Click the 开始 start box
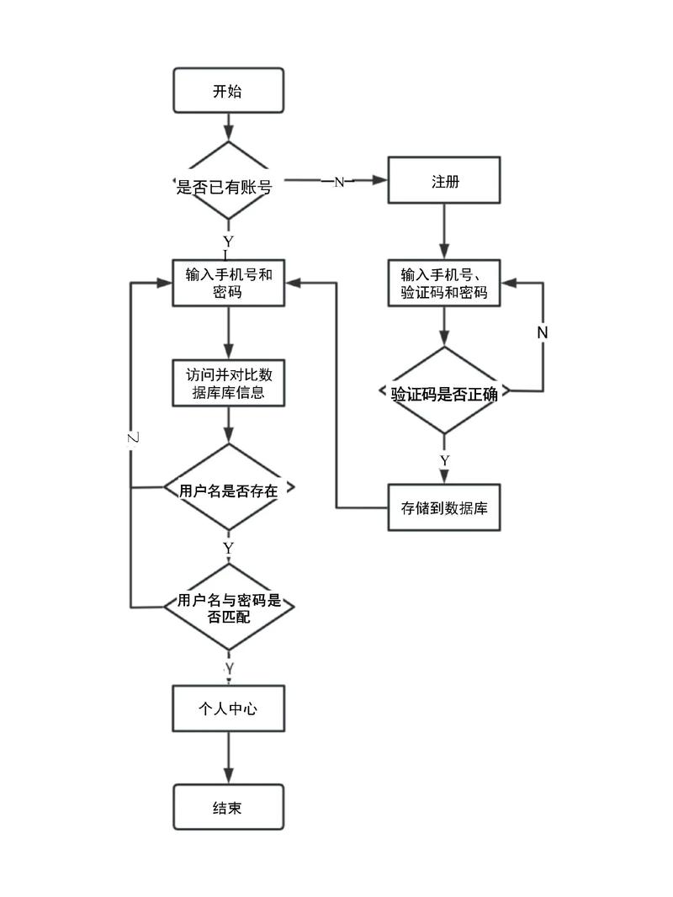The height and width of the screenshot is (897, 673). (x=228, y=91)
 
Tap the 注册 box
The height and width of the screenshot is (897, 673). (x=444, y=180)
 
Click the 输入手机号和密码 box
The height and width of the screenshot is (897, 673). (x=228, y=283)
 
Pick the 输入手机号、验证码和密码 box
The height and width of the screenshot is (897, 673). (x=444, y=283)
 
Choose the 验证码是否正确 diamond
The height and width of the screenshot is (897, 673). (x=444, y=392)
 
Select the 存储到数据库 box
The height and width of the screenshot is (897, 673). (x=444, y=507)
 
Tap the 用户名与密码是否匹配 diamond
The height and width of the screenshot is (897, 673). (x=228, y=608)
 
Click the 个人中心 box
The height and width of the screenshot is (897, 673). (x=228, y=708)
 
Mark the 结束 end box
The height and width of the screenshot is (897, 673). (x=228, y=807)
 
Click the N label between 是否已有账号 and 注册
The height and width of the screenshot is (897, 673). (x=339, y=182)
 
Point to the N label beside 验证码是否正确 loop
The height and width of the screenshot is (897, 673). (x=542, y=332)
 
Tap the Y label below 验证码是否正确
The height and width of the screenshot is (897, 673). (x=444, y=460)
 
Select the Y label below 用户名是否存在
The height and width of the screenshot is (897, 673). (x=228, y=548)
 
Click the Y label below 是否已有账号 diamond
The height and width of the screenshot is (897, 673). (x=228, y=241)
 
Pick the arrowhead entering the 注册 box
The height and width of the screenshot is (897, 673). (x=379, y=180)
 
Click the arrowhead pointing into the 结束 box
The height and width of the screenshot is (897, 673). (x=228, y=777)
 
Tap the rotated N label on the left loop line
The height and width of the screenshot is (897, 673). (x=132, y=438)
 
